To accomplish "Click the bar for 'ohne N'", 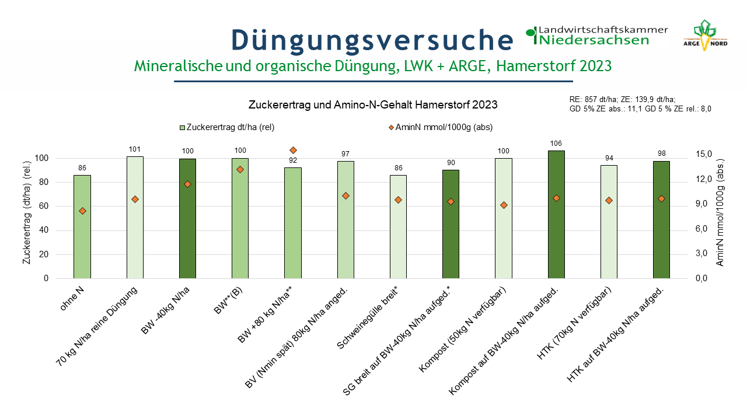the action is tap(82, 227).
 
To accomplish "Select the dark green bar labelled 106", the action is tap(556, 215).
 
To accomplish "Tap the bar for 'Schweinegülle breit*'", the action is tap(398, 227).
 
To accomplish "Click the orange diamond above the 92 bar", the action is tap(293, 150).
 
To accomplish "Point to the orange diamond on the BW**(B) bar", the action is tap(240, 170).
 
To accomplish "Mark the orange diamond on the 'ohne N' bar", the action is tap(82, 211).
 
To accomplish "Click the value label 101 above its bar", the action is tap(135, 149).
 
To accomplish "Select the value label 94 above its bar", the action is tap(609, 158).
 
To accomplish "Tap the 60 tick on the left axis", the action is tap(44, 206).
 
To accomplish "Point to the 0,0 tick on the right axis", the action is tap(701, 278).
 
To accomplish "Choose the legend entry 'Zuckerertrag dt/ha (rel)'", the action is tap(227, 127).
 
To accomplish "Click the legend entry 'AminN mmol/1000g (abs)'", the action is tap(441, 127).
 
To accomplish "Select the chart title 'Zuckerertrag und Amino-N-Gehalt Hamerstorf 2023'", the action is tap(373, 105).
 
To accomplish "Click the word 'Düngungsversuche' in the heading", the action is tap(372, 41).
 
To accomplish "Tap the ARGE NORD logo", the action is tap(705, 36).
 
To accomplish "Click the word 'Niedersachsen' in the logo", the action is tap(594, 40).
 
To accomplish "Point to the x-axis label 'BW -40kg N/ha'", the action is tap(165, 310).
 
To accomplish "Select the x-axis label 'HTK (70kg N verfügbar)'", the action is tap(574, 323).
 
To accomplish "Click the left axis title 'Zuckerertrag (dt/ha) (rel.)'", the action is tap(27, 213).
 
